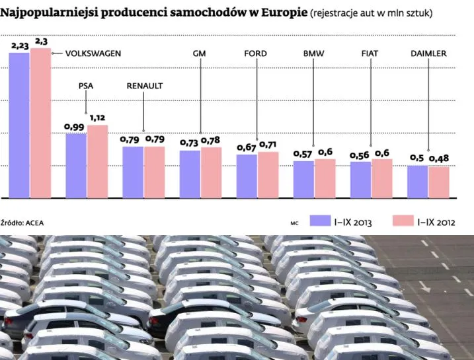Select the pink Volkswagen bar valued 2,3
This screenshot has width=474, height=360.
[x=40, y=122]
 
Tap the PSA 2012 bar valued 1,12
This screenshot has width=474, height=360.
[x=97, y=161]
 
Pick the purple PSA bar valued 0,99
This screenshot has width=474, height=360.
[x=75, y=164]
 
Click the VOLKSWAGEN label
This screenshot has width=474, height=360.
[x=93, y=54]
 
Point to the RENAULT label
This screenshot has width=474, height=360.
[x=144, y=86]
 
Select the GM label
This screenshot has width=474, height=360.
[x=200, y=54]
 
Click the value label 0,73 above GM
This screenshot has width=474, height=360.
[x=190, y=143]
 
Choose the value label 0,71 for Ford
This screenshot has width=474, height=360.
[x=268, y=144]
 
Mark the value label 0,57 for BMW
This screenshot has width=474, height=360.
[x=303, y=154]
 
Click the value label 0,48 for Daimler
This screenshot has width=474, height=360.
[x=439, y=159]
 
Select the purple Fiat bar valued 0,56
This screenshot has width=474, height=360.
[x=360, y=179]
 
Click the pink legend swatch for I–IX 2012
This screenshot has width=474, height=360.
[x=402, y=221]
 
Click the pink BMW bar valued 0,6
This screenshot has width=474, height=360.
[x=325, y=178]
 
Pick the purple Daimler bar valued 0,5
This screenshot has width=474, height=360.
[x=417, y=181]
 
